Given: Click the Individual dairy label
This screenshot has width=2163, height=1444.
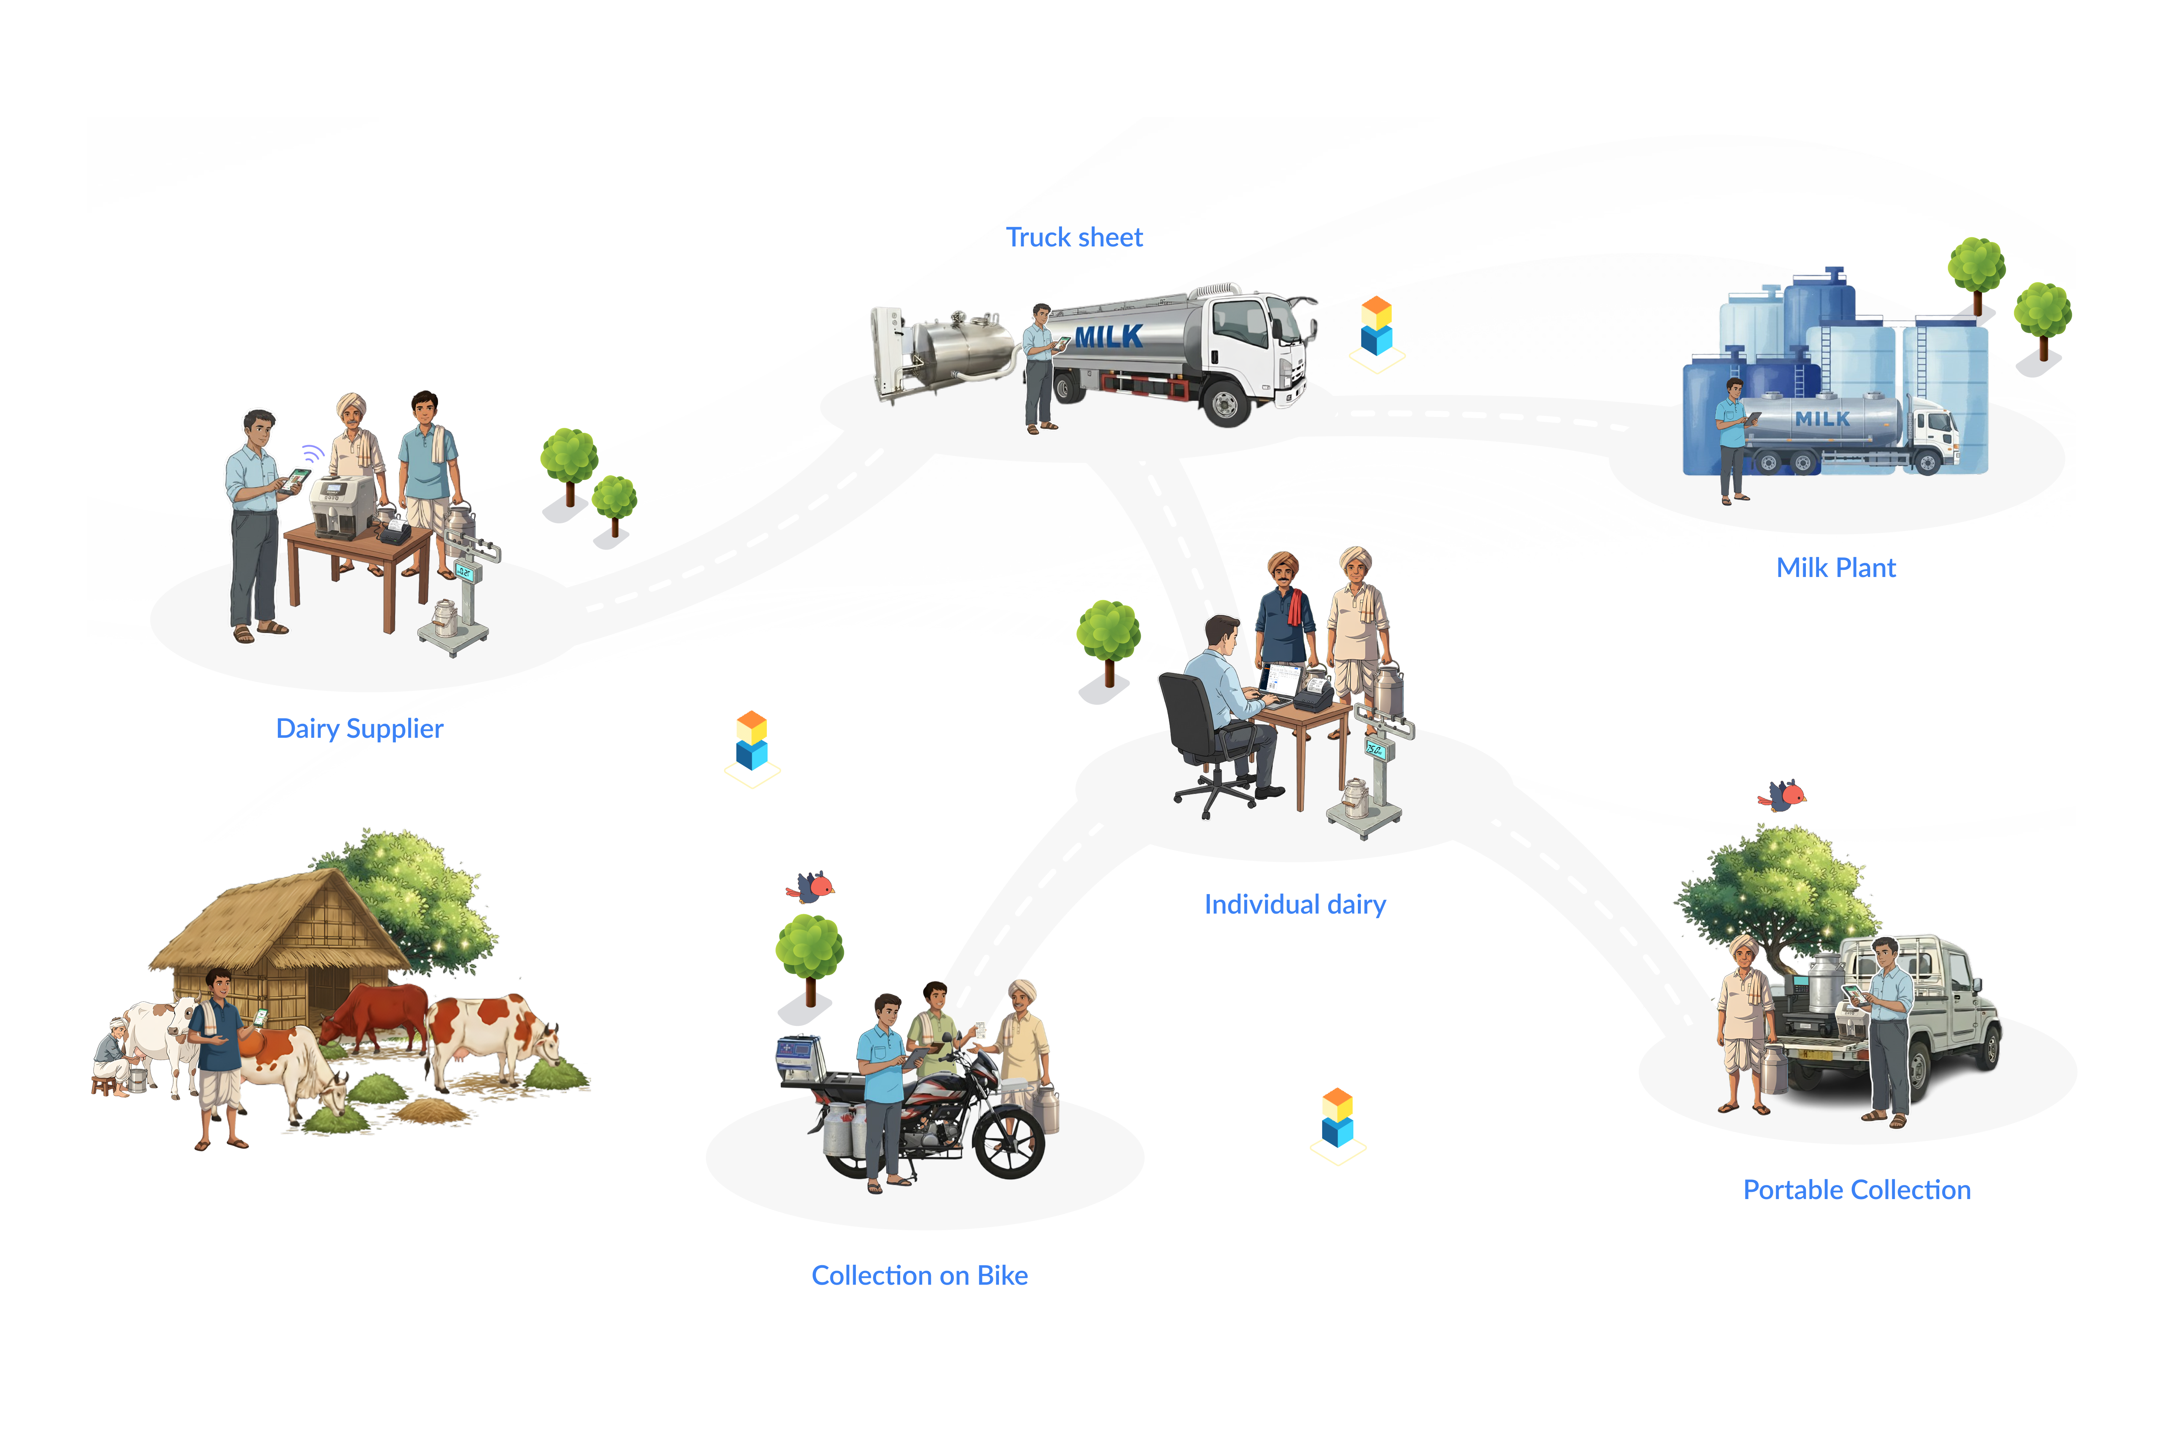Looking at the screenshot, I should point(1294,904).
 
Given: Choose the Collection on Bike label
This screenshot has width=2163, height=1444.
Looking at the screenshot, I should point(919,1275).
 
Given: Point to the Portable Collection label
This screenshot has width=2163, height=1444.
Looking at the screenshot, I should point(1855,1190).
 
